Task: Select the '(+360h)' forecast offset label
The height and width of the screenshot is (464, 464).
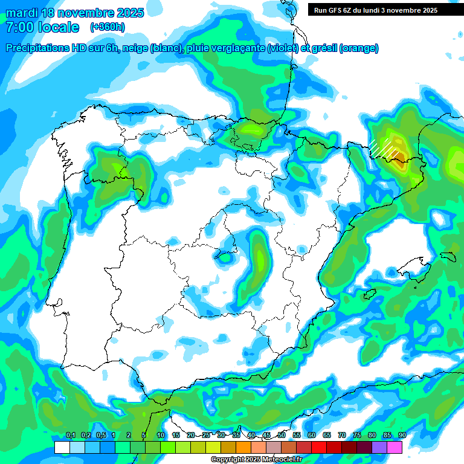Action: tap(107, 27)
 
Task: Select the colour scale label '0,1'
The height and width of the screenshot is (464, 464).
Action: tap(70, 435)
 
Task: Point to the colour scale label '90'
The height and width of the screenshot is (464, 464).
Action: tap(402, 435)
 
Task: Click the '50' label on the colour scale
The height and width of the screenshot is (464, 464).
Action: tap(282, 435)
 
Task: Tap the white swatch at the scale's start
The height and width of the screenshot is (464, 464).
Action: tap(62, 447)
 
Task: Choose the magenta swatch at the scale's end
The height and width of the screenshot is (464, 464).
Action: tap(395, 447)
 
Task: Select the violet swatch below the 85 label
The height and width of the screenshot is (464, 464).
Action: tap(379, 447)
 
